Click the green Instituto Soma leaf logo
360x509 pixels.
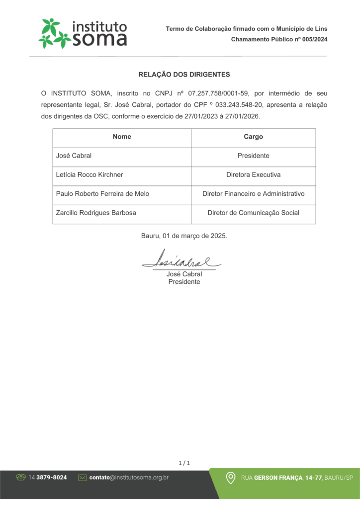[54, 33]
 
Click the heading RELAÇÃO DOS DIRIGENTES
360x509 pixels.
[184, 75]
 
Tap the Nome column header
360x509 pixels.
[122, 137]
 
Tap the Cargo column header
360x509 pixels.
[253, 137]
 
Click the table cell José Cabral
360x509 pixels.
[74, 156]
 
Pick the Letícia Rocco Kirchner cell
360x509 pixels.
[90, 174]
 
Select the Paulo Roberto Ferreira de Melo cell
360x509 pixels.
[102, 194]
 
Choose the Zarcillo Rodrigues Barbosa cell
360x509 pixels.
[96, 213]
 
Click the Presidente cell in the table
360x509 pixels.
[253, 156]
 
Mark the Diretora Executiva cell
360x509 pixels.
[253, 174]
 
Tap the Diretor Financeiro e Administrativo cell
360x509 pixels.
[253, 194]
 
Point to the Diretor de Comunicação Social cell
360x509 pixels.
[253, 213]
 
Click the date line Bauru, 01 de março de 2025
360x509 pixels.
[184, 236]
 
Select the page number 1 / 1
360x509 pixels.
[184, 463]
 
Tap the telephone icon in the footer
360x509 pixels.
[21, 477]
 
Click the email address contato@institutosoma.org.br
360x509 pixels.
[129, 477]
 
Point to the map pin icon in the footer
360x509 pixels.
[231, 478]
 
